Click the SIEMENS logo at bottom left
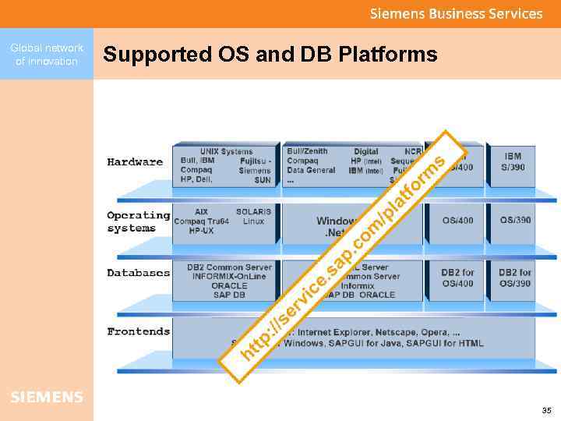pyautogui.click(x=47, y=398)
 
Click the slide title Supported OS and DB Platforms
pyautogui.click(x=270, y=55)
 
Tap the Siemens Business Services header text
pyautogui.click(x=456, y=13)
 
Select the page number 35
pyautogui.click(x=546, y=410)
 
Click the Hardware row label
pyautogui.click(x=135, y=162)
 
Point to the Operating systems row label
pyautogui.click(x=138, y=221)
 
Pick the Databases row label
pyautogui.click(x=138, y=273)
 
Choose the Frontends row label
pyautogui.click(x=138, y=331)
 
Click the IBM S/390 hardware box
pyautogui.click(x=513, y=162)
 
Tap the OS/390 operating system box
pyautogui.click(x=513, y=220)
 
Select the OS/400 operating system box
pyautogui.click(x=457, y=221)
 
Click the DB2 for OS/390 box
pyautogui.click(x=514, y=278)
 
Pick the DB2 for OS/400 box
pyautogui.click(x=457, y=278)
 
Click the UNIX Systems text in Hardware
pyautogui.click(x=226, y=151)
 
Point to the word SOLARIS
pyautogui.click(x=253, y=211)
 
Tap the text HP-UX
pyautogui.click(x=202, y=231)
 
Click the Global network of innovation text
pyautogui.click(x=47, y=55)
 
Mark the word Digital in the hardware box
pyautogui.click(x=365, y=151)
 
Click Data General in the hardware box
pyautogui.click(x=311, y=170)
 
